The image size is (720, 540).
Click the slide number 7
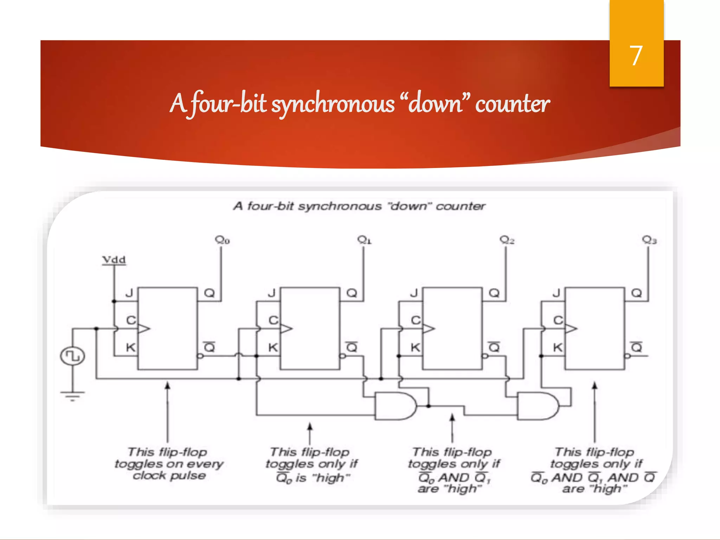coord(636,56)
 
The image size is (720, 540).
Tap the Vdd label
coord(114,260)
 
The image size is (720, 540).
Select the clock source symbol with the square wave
coord(72,356)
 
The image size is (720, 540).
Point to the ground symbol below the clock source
coord(72,396)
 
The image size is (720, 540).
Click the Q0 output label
coord(222,240)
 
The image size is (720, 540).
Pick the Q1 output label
coord(364,240)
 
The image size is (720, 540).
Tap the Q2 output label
coord(507,240)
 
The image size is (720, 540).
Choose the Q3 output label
coord(649,240)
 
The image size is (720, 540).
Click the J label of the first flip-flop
coord(129,293)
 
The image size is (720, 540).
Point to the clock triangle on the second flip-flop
coord(286,329)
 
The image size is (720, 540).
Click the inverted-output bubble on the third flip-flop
coord(484,356)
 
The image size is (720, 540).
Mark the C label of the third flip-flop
coord(416,320)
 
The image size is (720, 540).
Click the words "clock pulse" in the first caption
coord(169,476)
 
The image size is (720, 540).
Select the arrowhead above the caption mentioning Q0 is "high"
coord(310,426)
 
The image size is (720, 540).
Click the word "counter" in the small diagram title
coord(461,206)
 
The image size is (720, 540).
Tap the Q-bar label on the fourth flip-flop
coord(636,347)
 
